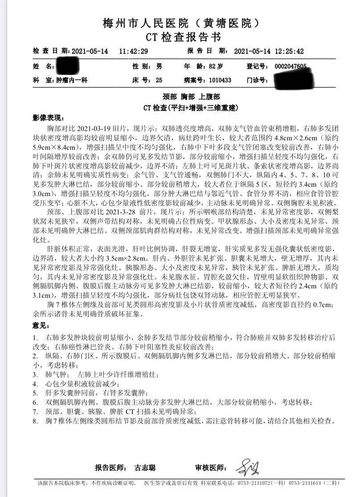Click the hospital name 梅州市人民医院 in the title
(x=143, y=22)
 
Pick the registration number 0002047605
(x=290, y=66)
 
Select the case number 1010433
(x=220, y=81)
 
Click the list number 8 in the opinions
(x=35, y=420)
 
